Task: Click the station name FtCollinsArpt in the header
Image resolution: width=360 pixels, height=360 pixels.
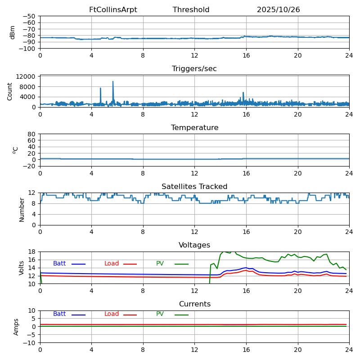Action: pyautogui.click(x=113, y=10)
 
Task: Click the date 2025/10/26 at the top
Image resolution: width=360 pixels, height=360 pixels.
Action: pyautogui.click(x=278, y=10)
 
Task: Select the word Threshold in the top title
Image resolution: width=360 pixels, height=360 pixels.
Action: pyautogui.click(x=191, y=10)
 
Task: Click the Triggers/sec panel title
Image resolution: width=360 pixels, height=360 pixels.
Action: pyautogui.click(x=194, y=69)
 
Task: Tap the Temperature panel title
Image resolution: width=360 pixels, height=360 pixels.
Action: pyautogui.click(x=194, y=128)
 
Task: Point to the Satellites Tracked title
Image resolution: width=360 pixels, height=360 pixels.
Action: pyautogui.click(x=194, y=187)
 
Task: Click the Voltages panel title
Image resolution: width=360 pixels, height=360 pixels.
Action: pyautogui.click(x=194, y=245)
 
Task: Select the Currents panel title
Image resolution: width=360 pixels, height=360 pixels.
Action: pyautogui.click(x=194, y=304)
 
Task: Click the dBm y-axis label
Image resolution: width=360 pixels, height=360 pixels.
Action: pyautogui.click(x=13, y=32)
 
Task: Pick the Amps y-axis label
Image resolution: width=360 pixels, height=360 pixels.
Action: pyautogui.click(x=16, y=327)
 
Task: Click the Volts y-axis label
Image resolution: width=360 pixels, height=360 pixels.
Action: pyautogui.click(x=22, y=268)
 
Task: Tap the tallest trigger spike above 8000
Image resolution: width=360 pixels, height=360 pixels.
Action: pyautogui.click(x=113, y=81)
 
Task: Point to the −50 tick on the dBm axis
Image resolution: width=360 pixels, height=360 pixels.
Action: pyautogui.click(x=29, y=16)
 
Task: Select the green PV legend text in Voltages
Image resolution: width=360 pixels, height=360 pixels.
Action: pyautogui.click(x=160, y=264)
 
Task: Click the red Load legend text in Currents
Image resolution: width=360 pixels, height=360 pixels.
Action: pyautogui.click(x=112, y=314)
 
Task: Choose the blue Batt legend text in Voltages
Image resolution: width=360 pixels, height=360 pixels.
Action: pyautogui.click(x=59, y=264)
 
